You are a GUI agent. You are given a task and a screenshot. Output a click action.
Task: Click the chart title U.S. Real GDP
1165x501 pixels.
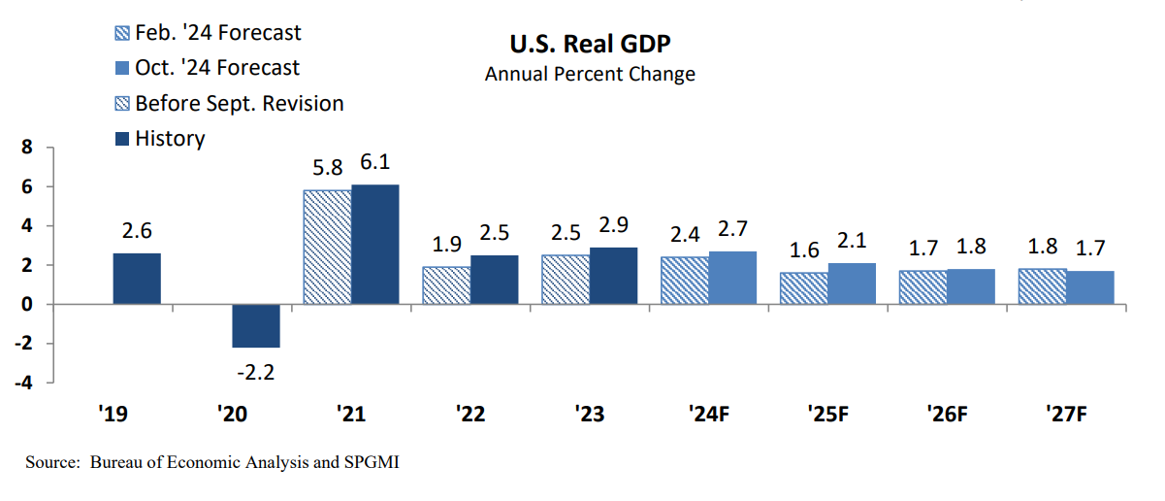(x=590, y=44)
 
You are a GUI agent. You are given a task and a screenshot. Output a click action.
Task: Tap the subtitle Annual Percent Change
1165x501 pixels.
(x=590, y=74)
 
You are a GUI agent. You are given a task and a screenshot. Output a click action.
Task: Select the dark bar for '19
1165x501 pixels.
(x=137, y=279)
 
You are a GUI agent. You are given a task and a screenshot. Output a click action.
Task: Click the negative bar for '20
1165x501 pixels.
(x=256, y=325)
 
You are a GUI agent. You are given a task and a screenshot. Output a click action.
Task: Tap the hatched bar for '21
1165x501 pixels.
(x=328, y=247)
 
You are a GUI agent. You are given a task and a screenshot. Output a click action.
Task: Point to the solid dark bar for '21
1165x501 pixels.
(x=374, y=244)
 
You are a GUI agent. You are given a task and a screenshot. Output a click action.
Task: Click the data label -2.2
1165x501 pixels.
(x=256, y=372)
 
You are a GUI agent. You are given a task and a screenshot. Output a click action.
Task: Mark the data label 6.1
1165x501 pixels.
(x=374, y=162)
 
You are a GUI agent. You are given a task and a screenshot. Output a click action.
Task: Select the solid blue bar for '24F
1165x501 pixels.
(x=732, y=278)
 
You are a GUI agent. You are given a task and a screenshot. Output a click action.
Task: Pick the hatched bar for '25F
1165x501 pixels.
(x=804, y=288)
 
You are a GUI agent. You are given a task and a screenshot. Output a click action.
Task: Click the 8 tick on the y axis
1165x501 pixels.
(x=28, y=148)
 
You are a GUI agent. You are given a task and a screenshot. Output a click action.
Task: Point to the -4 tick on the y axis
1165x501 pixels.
(x=24, y=383)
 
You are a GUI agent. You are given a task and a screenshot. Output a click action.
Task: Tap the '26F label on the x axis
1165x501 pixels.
(x=947, y=415)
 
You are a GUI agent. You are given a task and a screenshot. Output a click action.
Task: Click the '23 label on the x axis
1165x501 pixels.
(x=590, y=415)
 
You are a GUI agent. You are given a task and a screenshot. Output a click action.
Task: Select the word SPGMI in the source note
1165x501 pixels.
(x=371, y=462)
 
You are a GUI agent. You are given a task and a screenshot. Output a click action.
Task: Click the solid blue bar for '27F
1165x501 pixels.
(x=1089, y=287)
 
